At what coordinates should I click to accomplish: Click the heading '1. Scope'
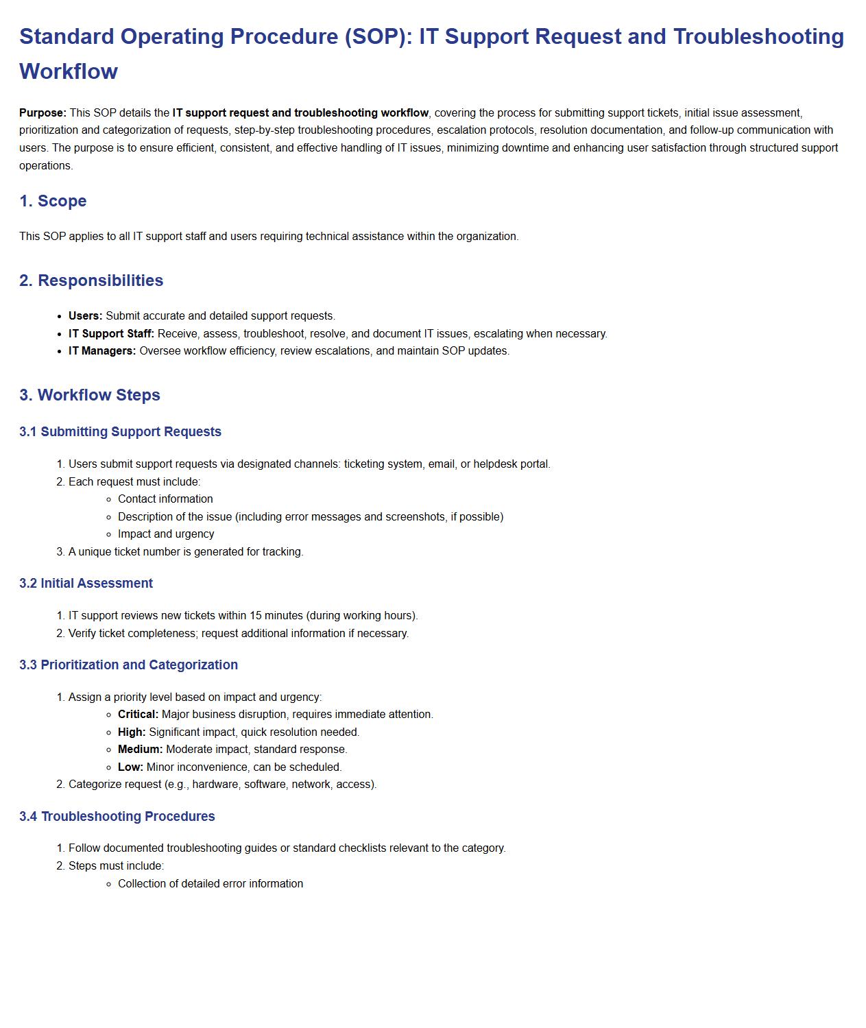(x=53, y=201)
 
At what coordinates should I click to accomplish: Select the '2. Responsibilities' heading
(x=91, y=280)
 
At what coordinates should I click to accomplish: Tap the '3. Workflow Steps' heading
(x=90, y=395)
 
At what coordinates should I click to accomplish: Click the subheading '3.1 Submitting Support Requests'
(x=120, y=432)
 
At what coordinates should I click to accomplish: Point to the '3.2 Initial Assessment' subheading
(x=86, y=584)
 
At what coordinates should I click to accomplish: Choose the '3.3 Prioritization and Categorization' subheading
(x=128, y=665)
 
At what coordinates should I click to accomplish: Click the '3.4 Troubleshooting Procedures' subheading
(x=117, y=817)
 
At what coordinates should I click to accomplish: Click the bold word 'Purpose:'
(x=43, y=113)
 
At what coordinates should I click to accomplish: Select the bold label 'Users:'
(x=85, y=316)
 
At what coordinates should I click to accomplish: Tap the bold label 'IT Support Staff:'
(x=111, y=334)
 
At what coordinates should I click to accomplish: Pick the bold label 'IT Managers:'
(x=102, y=351)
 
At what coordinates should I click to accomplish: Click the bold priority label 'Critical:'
(x=138, y=715)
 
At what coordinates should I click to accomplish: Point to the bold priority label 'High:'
(x=132, y=732)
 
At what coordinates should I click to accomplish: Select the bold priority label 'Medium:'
(x=140, y=750)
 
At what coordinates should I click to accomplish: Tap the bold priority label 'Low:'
(x=130, y=767)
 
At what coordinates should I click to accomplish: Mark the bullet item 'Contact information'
(x=165, y=499)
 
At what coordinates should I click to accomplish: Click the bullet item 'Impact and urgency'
(x=166, y=534)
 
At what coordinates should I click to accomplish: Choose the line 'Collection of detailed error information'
(x=211, y=884)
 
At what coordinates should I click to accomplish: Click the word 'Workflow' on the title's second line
(x=69, y=71)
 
